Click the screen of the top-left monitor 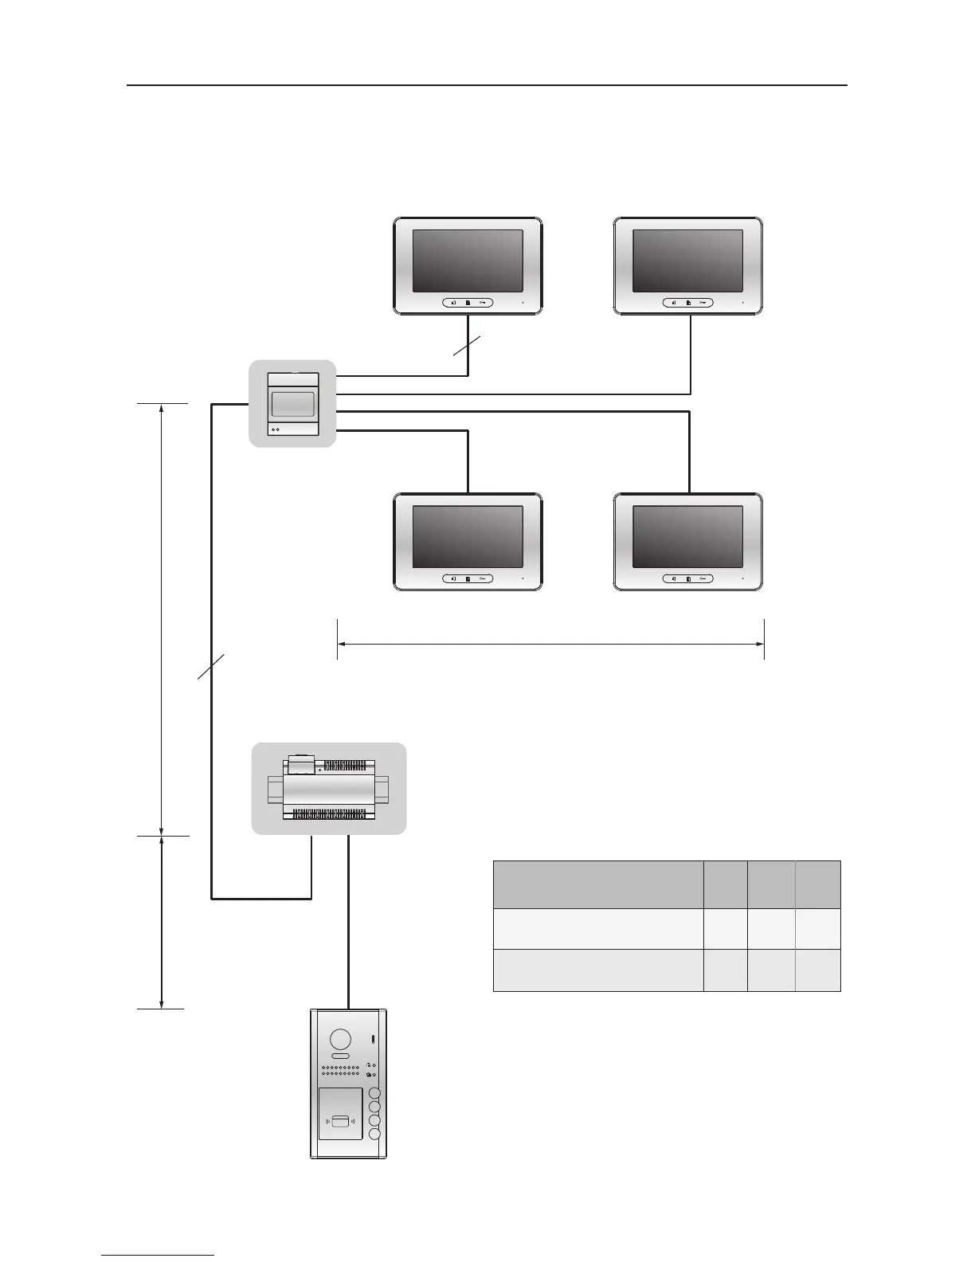(468, 261)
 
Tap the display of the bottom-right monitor (687, 537)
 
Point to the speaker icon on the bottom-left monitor (453, 579)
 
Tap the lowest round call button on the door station (374, 1134)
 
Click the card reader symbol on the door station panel (340, 1122)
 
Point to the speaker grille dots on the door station (341, 1071)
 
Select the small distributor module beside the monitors (292, 403)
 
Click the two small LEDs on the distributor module (276, 429)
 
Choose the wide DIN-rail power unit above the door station (329, 789)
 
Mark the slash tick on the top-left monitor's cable (468, 349)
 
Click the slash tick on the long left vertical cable (212, 667)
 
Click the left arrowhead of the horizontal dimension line (341, 645)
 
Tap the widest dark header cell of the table (598, 884)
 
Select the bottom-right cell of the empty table (817, 970)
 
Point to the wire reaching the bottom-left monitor (468, 462)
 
